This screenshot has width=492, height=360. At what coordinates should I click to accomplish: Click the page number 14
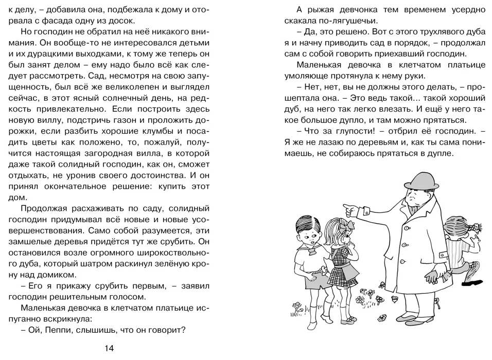109,348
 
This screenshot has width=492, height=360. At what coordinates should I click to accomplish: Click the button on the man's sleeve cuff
367,210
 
